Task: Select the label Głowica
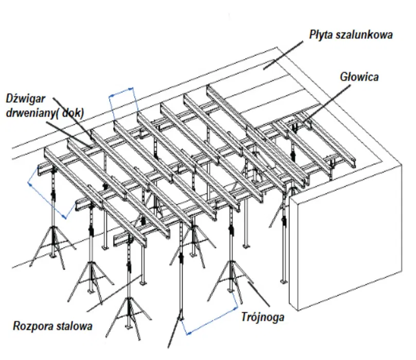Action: coord(359,77)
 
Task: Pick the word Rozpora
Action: coord(32,326)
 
